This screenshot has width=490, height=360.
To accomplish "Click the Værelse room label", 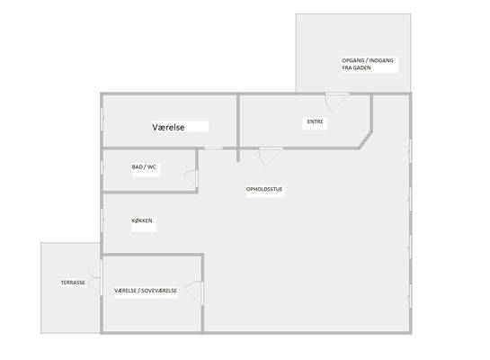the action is [168, 127].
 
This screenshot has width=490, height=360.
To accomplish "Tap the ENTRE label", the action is [315, 121].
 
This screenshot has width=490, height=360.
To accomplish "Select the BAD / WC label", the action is [144, 167].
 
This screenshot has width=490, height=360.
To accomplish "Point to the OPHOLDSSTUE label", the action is [264, 189].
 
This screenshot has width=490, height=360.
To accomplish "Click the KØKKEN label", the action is [142, 220].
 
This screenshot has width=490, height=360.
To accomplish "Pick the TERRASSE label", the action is [73, 283].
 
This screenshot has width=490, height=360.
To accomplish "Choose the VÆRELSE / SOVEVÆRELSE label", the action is [146, 291].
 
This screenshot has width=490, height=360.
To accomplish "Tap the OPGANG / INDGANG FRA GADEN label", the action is [368, 64].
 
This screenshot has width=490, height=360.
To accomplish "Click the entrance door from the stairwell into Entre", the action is [337, 102].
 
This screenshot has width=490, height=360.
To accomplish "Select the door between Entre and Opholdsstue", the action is [271, 156].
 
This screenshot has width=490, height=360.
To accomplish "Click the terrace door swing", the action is [94, 278].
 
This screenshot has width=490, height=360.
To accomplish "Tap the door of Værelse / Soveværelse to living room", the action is [193, 293].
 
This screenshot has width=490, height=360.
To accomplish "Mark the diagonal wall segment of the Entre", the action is [366, 139].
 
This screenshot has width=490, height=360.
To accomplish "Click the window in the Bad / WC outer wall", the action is [102, 167].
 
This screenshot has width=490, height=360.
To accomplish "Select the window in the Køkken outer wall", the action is [102, 220].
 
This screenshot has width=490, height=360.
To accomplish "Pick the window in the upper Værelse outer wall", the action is [102, 119].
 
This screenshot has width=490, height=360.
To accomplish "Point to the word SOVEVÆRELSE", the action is [159, 291].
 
